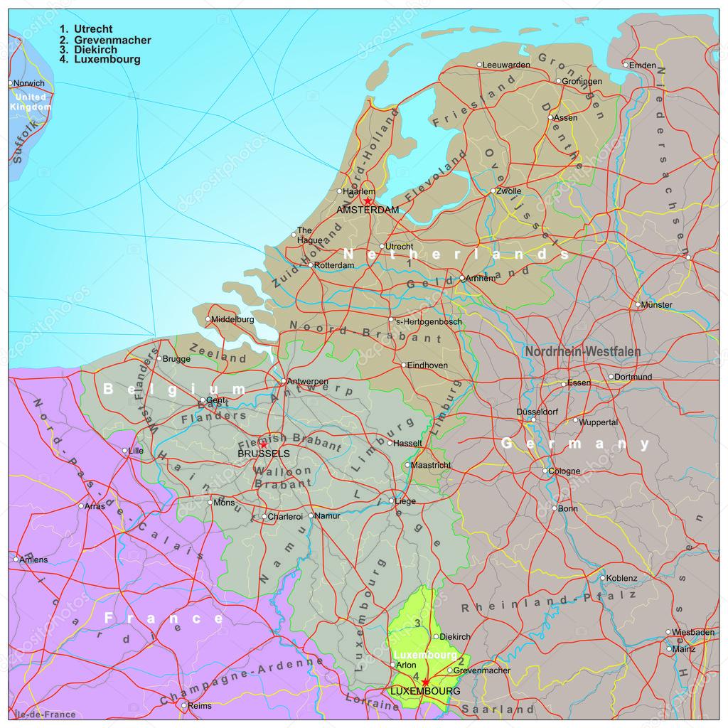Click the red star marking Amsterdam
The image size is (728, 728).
click(368, 201)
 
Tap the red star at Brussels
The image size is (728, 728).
click(263, 444)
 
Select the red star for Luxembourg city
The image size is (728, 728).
click(425, 682)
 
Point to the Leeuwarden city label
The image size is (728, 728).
click(507, 65)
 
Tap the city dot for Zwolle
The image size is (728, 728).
click(493, 191)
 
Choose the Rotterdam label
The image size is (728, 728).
click(334, 265)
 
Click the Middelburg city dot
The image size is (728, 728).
click(208, 319)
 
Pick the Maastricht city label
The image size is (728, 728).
click(432, 465)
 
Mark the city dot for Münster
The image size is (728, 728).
click(638, 305)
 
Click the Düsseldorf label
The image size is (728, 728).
click(537, 412)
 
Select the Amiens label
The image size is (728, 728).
click(34, 560)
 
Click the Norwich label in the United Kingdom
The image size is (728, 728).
click(29, 83)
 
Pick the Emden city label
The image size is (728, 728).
click(643, 65)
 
